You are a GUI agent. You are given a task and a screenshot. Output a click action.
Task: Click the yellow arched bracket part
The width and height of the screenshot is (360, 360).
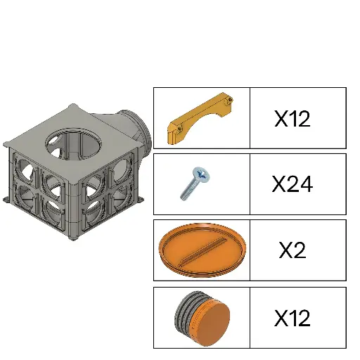pyautogui.click(x=199, y=117)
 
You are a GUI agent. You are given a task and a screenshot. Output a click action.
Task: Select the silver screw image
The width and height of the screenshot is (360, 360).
pyautogui.click(x=195, y=184)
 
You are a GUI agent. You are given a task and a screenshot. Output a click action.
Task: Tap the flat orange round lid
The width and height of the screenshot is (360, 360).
pyautogui.click(x=202, y=250)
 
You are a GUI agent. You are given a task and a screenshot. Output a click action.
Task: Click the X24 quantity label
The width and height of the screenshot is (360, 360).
pyautogui.click(x=292, y=184)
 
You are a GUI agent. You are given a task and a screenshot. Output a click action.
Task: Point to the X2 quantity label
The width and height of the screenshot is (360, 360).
pyautogui.click(x=292, y=250)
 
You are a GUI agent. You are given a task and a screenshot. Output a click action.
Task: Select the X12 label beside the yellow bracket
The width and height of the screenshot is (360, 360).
pyautogui.click(x=292, y=118)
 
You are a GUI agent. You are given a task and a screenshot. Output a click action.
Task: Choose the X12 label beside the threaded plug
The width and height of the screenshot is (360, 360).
pyautogui.click(x=292, y=318)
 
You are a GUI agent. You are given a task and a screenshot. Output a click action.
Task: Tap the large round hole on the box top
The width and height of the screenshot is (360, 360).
pyautogui.click(x=73, y=144)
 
